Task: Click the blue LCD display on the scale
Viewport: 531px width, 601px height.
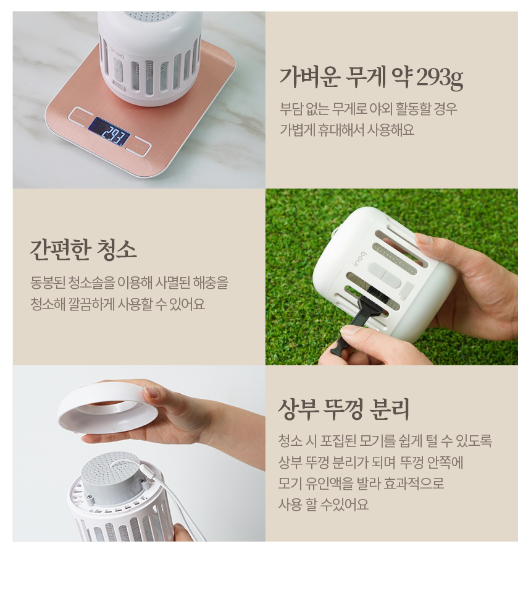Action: click(x=109, y=131)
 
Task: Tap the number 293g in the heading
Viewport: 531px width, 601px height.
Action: click(x=439, y=78)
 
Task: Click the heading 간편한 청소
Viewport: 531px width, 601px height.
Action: click(x=83, y=250)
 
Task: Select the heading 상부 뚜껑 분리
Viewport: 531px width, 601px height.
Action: click(x=343, y=409)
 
